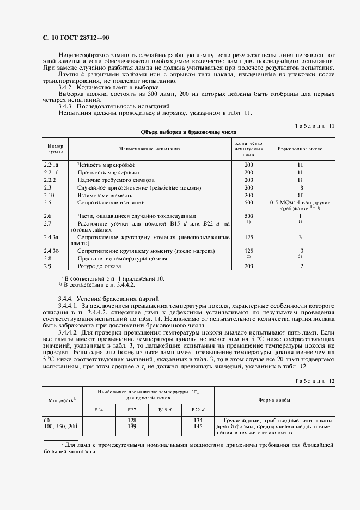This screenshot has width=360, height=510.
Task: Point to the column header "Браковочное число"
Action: (300, 148)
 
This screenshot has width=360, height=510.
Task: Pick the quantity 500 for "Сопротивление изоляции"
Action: (249, 202)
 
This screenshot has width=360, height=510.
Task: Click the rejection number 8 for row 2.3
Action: (300, 187)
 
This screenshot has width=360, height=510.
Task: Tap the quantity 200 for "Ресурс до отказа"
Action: (249, 266)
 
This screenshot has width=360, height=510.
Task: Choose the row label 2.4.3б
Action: (52, 251)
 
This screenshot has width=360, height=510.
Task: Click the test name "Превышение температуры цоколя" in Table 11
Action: (122, 258)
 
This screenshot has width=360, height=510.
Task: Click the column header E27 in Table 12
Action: (131, 409)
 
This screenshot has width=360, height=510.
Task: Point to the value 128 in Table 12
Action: (131, 420)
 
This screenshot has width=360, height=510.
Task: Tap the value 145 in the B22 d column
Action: (197, 426)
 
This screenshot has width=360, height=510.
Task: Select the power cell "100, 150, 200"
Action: (60, 426)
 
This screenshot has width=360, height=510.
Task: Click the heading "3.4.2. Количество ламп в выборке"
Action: (108, 87)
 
